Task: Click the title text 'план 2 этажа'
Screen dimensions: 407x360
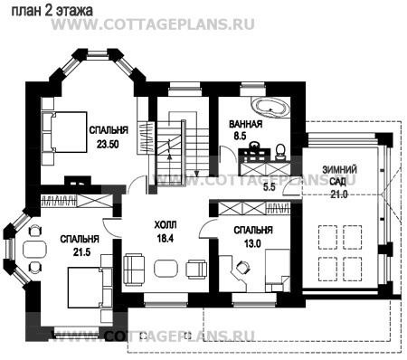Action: tap(52, 11)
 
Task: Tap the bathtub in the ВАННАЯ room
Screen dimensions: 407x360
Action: tap(270, 108)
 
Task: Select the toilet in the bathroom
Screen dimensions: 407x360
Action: tap(281, 151)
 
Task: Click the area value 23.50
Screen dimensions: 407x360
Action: tap(108, 144)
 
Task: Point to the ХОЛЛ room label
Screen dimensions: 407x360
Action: tap(166, 225)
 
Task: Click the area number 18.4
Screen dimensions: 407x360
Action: tap(166, 238)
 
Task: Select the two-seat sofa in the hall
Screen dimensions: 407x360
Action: tap(134, 269)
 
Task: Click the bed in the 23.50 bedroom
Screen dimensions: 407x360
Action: tap(64, 132)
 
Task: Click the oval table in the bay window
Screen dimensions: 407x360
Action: tap(34, 249)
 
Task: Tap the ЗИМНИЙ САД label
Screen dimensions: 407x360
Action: tap(339, 175)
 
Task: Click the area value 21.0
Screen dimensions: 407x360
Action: tap(339, 194)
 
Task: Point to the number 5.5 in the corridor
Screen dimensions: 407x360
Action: tap(270, 187)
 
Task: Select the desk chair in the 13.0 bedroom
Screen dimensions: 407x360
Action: tap(242, 267)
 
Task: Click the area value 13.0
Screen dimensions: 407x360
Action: tap(252, 243)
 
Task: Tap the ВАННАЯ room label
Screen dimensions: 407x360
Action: tap(246, 124)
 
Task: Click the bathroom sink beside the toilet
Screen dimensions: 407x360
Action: tap(255, 146)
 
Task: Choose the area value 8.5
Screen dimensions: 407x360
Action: tap(240, 136)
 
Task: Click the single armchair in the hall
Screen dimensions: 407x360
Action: tap(196, 269)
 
